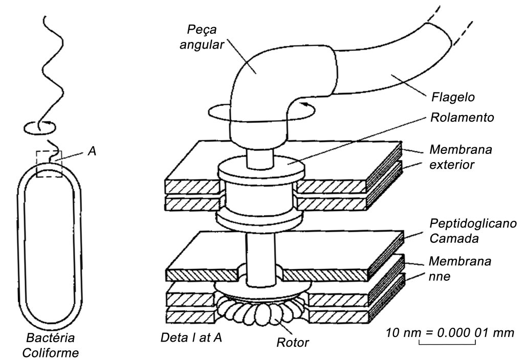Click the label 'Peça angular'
click(202, 37)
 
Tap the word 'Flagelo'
click(453, 97)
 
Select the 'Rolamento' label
click(462, 118)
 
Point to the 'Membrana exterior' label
click(461, 157)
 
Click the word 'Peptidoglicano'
click(473, 224)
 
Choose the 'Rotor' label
click(293, 342)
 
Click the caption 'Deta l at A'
click(191, 337)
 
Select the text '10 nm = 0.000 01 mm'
click(450, 332)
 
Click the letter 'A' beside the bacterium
click(92, 151)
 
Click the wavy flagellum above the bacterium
click(52, 67)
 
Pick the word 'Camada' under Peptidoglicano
click(454, 238)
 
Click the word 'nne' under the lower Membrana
click(440, 277)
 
